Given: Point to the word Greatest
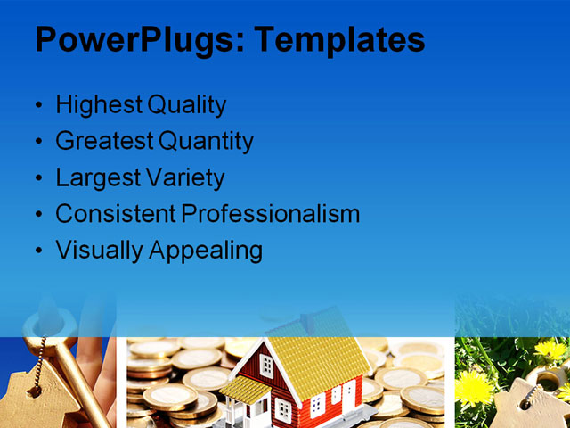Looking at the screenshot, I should click(103, 141).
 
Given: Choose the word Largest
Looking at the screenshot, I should click(94, 177).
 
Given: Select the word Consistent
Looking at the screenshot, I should click(115, 214).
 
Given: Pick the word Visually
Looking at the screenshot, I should click(97, 251).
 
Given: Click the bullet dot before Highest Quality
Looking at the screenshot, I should click(37, 106).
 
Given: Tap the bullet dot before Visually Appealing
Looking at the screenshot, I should click(37, 251).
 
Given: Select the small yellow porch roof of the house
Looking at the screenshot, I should click(244, 387).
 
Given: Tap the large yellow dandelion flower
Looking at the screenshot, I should click(475, 389).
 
